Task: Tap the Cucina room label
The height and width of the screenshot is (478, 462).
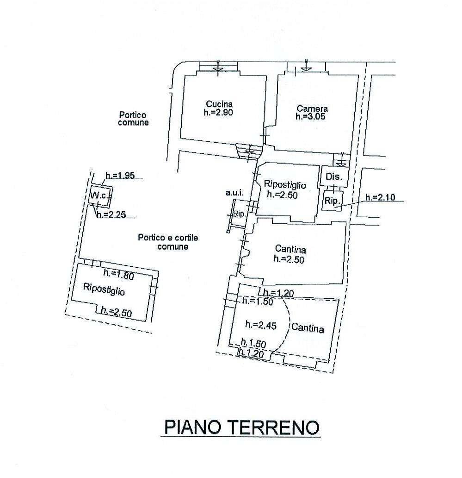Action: [219, 104]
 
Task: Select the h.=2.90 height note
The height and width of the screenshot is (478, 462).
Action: [218, 113]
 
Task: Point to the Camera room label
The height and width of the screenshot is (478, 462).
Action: [312, 108]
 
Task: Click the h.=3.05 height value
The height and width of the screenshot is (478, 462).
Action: [310, 116]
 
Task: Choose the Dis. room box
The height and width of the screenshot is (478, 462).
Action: [334, 176]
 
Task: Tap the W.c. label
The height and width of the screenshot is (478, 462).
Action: [99, 195]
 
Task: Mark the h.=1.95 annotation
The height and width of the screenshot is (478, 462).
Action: [120, 175]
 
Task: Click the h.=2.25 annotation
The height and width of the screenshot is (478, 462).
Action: [111, 214]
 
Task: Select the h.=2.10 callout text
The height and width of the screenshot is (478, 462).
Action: [380, 197]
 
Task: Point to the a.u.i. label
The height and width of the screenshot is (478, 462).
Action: [234, 193]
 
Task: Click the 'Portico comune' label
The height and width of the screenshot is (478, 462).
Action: [133, 119]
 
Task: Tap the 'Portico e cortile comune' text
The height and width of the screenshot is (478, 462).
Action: [168, 242]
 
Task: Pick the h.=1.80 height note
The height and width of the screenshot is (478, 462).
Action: [119, 274]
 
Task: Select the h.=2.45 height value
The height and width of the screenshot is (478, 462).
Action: [261, 325]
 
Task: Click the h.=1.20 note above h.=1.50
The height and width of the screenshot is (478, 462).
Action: [279, 293]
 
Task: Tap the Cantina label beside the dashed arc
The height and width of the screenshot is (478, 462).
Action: [308, 328]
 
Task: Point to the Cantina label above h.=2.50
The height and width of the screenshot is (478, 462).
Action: [290, 249]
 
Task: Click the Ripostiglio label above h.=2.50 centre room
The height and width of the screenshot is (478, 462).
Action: [285, 185]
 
